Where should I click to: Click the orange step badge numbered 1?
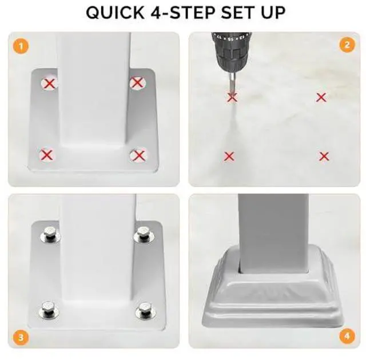click(21, 46)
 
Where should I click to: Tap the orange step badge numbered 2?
click(347, 45)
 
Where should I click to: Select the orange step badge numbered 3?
click(21, 337)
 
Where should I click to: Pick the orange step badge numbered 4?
click(347, 336)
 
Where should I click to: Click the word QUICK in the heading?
click(116, 13)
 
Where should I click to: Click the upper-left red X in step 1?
click(50, 83)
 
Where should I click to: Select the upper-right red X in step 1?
click(137, 82)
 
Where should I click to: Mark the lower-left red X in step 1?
click(47, 155)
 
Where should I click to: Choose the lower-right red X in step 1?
click(139, 155)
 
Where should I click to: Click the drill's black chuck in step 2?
click(231, 53)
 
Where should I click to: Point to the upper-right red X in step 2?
click(321, 98)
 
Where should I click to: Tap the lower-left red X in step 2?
click(229, 156)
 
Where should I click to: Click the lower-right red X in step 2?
click(324, 157)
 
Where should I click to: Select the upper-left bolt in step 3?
click(50, 234)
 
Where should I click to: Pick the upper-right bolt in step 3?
click(143, 234)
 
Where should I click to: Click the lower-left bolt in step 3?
click(48, 310)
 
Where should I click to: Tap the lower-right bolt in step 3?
click(145, 310)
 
